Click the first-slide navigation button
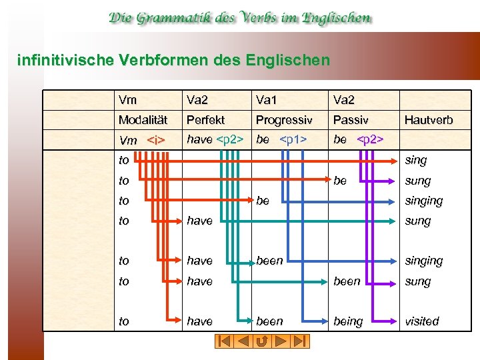[x=225, y=341]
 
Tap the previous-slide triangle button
[x=244, y=341]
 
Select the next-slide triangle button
[x=282, y=341]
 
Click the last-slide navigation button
[x=301, y=341]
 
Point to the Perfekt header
[x=205, y=120]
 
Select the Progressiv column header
[x=284, y=120]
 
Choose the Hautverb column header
[x=429, y=120]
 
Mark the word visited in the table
[x=422, y=321]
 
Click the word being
[x=348, y=321]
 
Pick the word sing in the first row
[x=416, y=160]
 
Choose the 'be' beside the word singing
[x=263, y=200]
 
